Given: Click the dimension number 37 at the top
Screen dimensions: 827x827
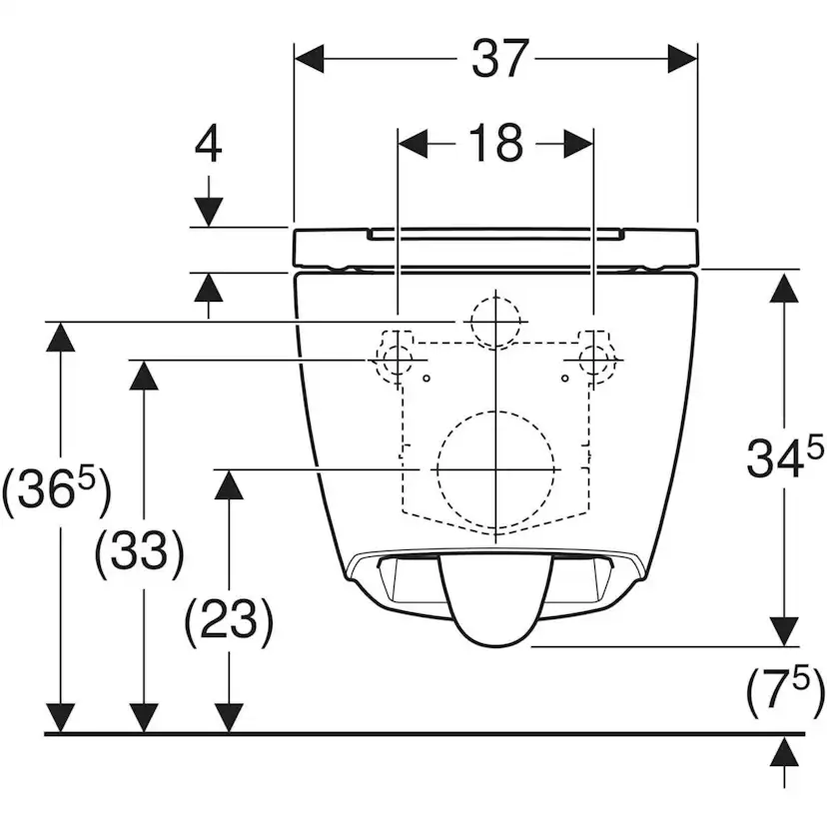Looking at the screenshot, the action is (499, 59).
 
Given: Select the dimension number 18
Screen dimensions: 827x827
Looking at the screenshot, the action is (495, 143).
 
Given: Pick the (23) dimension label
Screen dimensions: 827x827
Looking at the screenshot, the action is (230, 619).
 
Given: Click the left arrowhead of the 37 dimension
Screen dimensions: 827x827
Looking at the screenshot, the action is (309, 59).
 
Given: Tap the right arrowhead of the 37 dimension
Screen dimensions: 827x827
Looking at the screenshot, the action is (682, 59).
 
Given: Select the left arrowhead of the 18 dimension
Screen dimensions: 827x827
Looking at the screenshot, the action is (413, 143).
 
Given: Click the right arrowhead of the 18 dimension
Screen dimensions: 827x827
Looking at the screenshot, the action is (578, 143).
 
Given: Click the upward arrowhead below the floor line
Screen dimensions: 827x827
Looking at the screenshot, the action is (784, 751).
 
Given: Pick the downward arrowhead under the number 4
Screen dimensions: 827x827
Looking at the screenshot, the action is (209, 212).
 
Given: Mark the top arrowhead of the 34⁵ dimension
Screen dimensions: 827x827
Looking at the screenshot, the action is (784, 288).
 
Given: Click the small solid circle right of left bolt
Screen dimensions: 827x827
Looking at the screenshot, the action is (426, 379).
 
